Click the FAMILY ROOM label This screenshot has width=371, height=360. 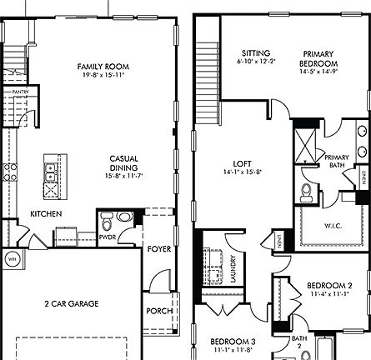click(95, 66)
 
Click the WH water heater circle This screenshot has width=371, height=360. click(12, 257)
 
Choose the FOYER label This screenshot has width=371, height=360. click(158, 248)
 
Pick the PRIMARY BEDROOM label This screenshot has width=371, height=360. click(319, 57)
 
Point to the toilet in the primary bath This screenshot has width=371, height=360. click(306, 194)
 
